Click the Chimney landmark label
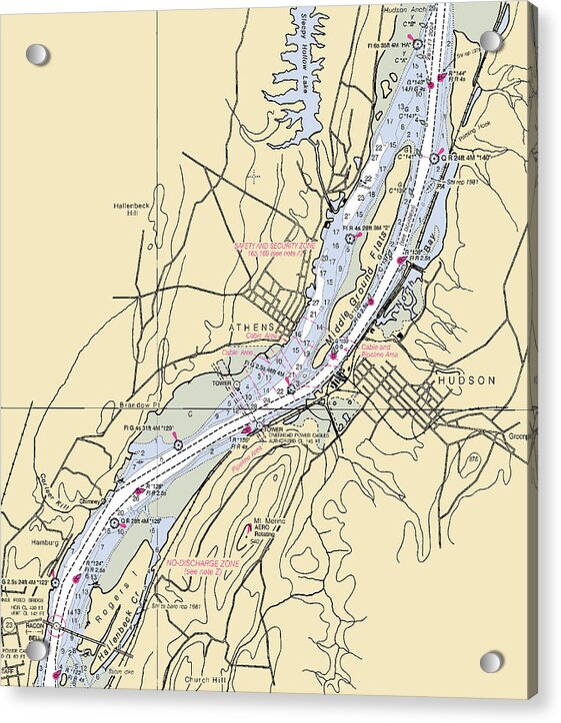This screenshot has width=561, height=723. pos(90,503)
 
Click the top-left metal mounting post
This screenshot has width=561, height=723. pos(37,54)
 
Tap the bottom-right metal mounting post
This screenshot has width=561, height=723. pos(491,662)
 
